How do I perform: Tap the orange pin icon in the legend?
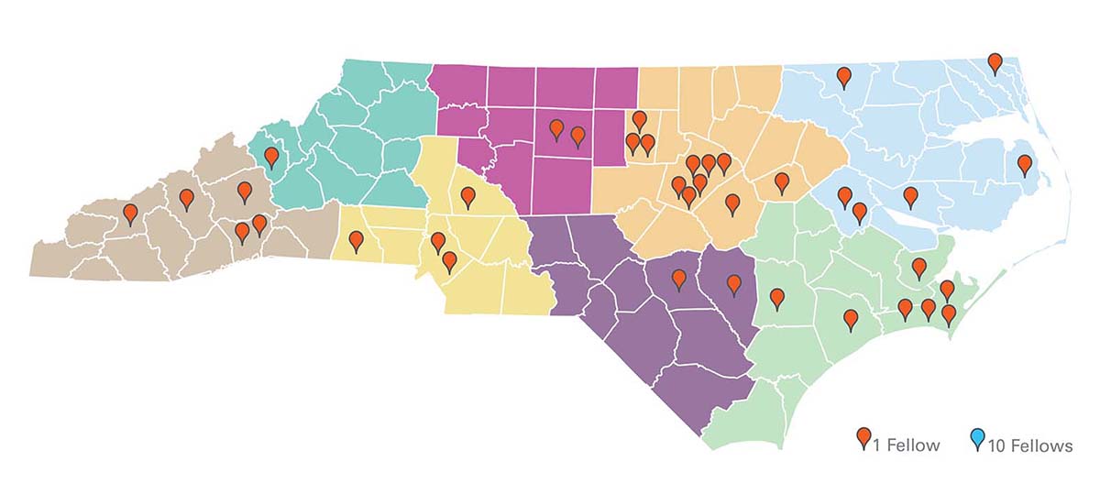863,440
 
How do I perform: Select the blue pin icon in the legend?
977,440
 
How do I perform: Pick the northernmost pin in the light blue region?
995,63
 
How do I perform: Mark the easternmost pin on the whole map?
1024,165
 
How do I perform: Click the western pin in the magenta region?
555,129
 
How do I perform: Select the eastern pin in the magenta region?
577,137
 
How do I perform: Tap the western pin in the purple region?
679,278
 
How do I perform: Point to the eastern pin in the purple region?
733,285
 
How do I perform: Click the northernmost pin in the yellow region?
467,196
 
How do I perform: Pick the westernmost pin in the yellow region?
356,241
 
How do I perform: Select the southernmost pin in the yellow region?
449,261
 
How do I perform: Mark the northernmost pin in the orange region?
640,120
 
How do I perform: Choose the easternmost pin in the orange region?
782,182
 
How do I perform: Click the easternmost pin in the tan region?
259,224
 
